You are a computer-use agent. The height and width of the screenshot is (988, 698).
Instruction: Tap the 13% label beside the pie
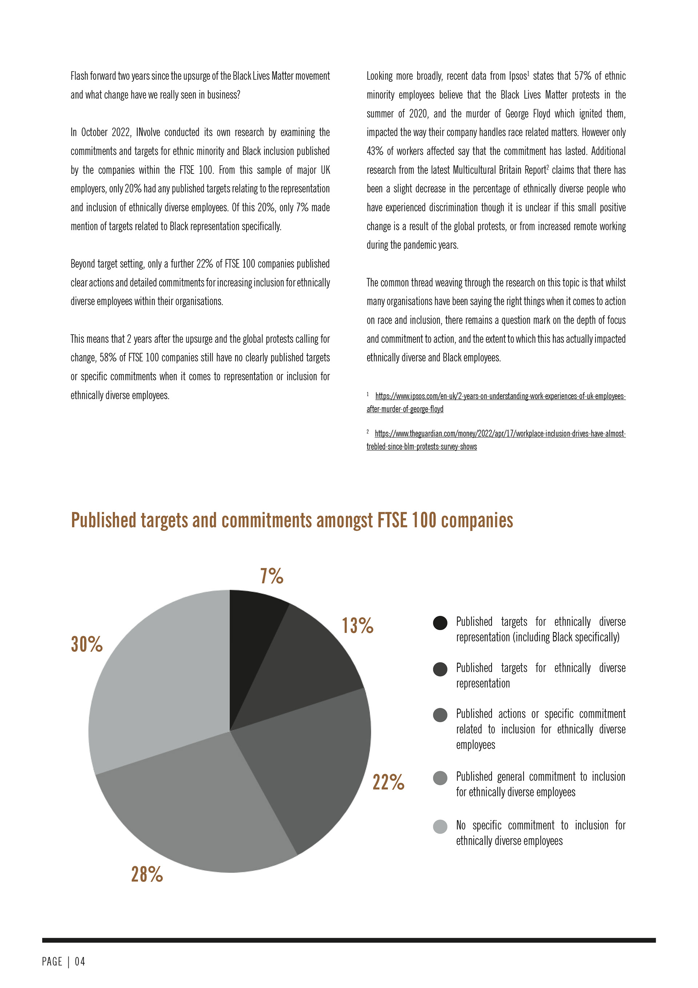click(x=357, y=625)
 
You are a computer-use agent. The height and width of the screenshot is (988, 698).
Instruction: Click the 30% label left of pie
click(x=87, y=644)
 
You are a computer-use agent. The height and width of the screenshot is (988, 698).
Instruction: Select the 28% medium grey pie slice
click(x=193, y=809)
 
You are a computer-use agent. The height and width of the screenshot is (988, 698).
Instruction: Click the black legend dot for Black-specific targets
click(x=440, y=623)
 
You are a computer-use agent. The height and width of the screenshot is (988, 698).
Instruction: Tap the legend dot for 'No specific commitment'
click(x=440, y=826)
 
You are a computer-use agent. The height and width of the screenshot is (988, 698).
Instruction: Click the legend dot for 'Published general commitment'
click(x=440, y=778)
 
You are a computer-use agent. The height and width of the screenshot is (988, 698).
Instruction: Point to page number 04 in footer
click(x=80, y=961)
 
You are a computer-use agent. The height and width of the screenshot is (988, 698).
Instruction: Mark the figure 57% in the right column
click(x=582, y=76)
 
